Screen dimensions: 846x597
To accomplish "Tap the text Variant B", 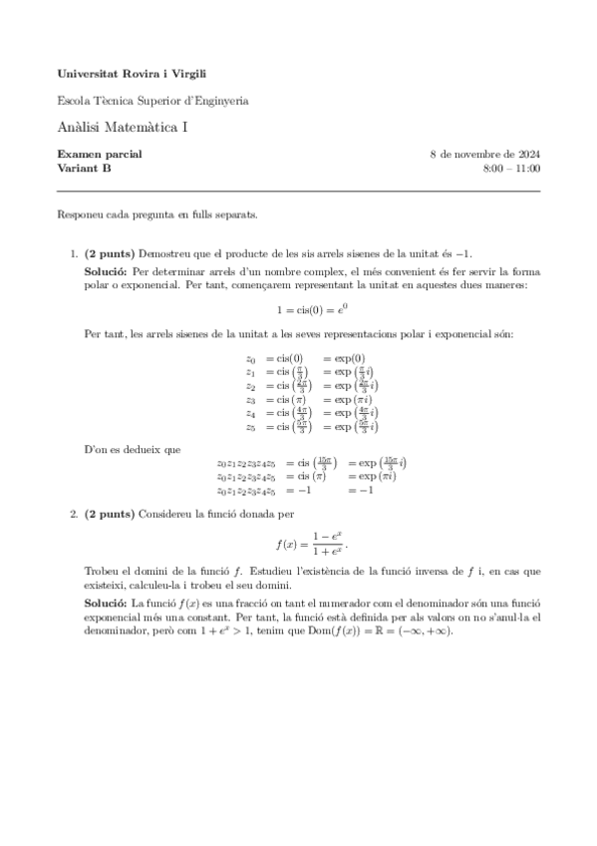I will (85, 169).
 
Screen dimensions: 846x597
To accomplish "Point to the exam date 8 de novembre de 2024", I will (484, 155).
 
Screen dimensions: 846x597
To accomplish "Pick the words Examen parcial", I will (100, 155).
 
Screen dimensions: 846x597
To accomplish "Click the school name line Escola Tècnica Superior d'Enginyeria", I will (152, 100).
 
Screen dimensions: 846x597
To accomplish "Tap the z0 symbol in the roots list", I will (251, 358).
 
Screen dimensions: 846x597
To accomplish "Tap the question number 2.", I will (74, 514).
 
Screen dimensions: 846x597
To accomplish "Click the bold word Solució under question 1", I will (106, 270).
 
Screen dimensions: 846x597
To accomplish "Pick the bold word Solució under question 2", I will (106, 604).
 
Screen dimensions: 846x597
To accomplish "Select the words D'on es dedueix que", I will (133, 450).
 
